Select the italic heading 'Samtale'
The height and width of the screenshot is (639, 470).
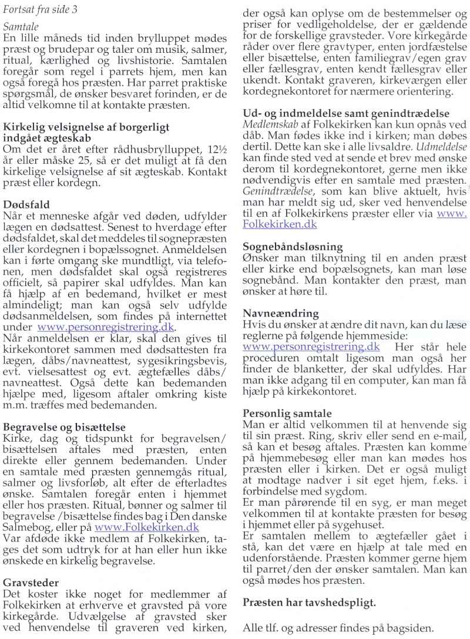21,28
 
